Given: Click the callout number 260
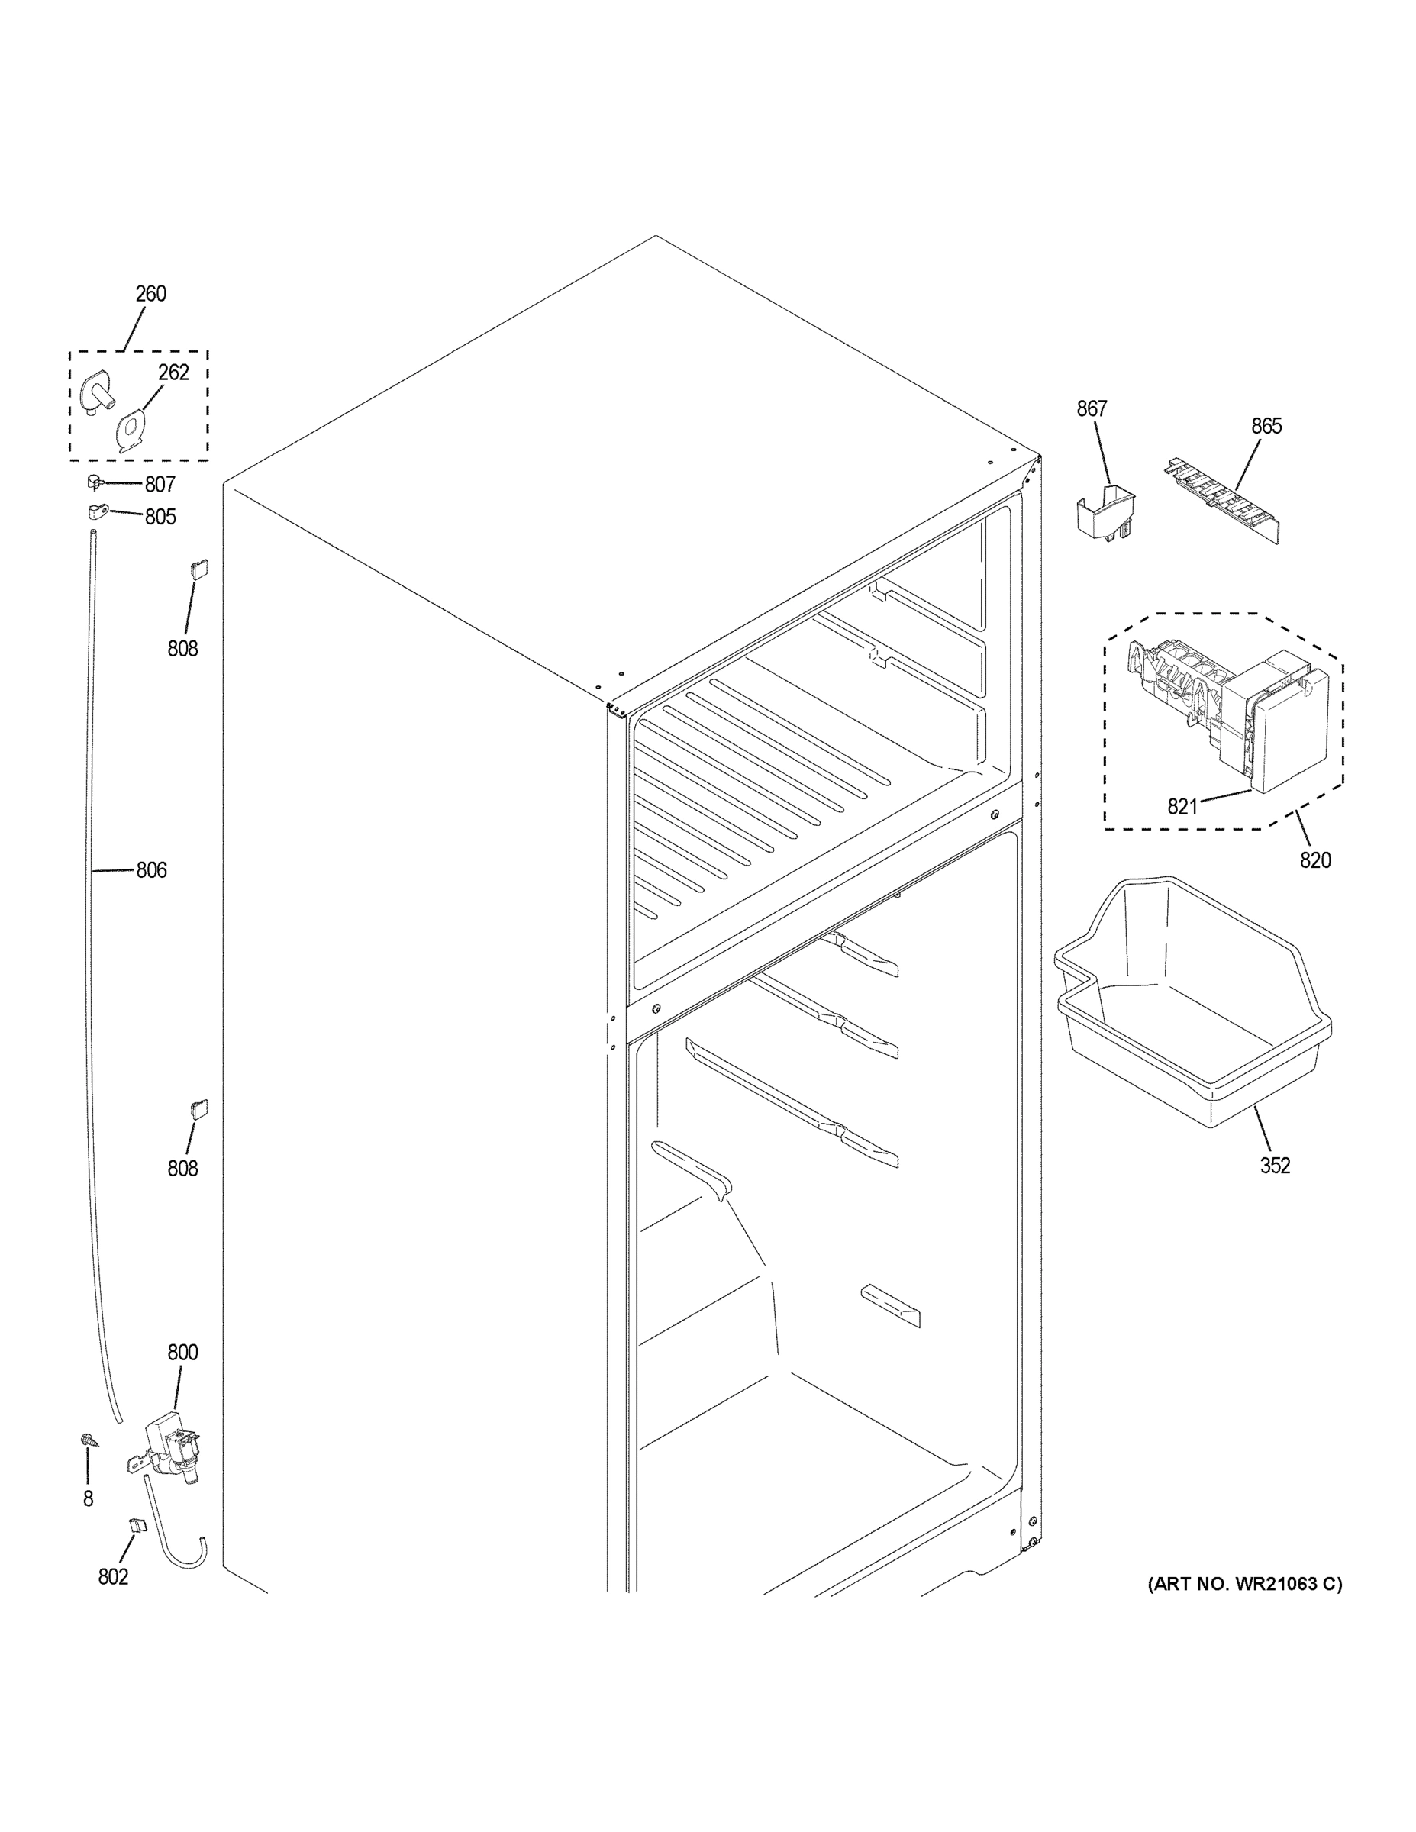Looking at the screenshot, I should [151, 295].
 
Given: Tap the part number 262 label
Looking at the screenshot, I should [173, 373].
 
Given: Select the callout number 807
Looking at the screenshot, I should [160, 485].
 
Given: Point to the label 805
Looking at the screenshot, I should [160, 517].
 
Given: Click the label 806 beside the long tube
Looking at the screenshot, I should [151, 871].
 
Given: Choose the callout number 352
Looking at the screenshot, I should [1275, 1165].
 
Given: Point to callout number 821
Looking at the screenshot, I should [1182, 807].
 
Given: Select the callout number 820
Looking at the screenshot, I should [1315, 860].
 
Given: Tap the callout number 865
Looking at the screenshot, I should [1266, 426].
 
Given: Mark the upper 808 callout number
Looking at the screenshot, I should [183, 648].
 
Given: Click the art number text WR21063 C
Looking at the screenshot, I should [1245, 1584].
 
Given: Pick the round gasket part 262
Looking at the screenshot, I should [130, 431].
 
